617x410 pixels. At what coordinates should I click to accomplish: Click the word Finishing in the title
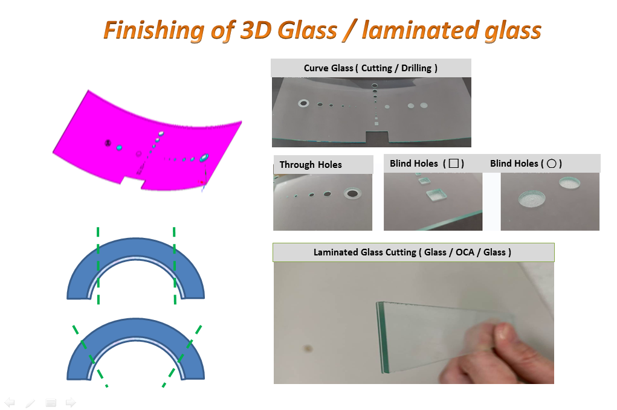coord(154,31)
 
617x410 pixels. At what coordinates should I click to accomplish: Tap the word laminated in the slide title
coord(420,30)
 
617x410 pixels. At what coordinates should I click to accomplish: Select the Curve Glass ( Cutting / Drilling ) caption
coord(370,68)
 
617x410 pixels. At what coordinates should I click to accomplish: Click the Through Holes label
coord(311,165)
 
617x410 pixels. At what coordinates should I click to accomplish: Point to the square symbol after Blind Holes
coord(454,163)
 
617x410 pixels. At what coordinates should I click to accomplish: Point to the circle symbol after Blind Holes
coord(551,164)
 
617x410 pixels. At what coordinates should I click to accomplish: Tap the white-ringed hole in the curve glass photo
coord(303,103)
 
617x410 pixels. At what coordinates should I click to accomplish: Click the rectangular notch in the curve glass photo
coord(377,137)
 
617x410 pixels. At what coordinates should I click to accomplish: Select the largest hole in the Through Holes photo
coord(352,193)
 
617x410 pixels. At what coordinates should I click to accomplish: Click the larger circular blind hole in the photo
coord(532,199)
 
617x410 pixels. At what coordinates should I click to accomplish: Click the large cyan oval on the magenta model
coord(204,158)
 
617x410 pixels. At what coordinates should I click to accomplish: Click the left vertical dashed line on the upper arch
coord(98,265)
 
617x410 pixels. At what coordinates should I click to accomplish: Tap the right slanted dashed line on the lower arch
coord(182,356)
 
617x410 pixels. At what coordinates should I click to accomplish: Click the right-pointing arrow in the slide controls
coord(71,403)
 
